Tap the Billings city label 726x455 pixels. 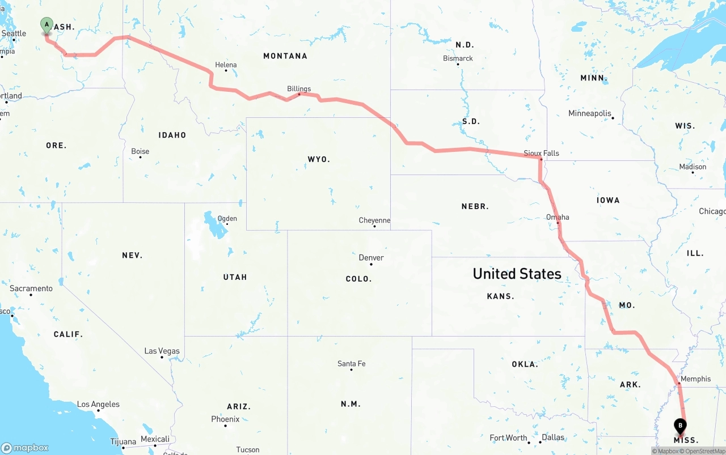click(x=299, y=89)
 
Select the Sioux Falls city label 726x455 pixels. click(x=541, y=153)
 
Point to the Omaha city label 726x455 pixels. click(x=558, y=217)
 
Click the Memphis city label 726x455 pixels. click(x=695, y=379)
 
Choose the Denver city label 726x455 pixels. click(x=371, y=258)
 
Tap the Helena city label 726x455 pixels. click(x=226, y=65)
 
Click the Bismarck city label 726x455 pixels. click(x=458, y=58)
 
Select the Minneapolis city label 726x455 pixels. click(x=590, y=113)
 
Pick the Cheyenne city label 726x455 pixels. click(x=374, y=220)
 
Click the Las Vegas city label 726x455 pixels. click(x=162, y=351)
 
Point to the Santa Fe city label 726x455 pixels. click(x=351, y=363)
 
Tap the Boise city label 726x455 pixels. click(x=140, y=151)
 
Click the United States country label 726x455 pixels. click(x=517, y=274)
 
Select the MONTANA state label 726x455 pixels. click(x=285, y=56)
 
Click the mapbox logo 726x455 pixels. click(x=25, y=448)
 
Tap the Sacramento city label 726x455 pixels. click(x=31, y=288)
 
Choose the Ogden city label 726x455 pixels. click(x=227, y=218)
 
